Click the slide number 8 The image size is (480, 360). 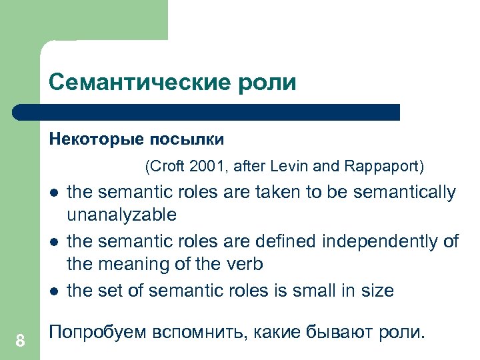point(20,341)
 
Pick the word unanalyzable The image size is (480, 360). point(122,215)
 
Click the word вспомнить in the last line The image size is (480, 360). point(194,332)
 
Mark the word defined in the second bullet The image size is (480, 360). point(285,241)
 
